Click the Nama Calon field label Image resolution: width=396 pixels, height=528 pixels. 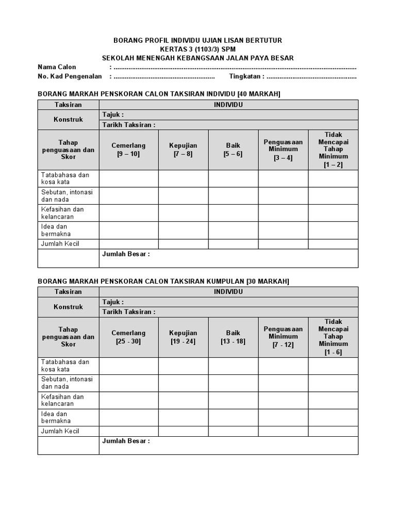(57, 67)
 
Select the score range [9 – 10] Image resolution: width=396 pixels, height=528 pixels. (128, 154)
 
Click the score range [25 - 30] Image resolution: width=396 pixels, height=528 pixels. (128, 341)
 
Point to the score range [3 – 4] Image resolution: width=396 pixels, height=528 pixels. (283, 158)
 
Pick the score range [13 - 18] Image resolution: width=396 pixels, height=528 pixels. (233, 341)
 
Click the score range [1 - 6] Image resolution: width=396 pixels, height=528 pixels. (333, 352)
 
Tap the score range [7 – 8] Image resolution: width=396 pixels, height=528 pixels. (183, 154)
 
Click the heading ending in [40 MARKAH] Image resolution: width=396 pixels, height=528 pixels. (159, 93)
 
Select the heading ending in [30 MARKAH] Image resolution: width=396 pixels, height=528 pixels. (163, 281)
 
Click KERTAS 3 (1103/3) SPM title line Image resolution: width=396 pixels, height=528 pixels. (197, 49)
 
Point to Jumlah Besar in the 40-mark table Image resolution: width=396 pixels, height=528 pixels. (126, 254)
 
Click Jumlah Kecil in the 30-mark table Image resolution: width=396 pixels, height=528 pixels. (60, 431)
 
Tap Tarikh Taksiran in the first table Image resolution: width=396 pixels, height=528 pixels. (128, 125)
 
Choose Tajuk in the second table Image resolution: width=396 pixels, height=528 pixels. (113, 302)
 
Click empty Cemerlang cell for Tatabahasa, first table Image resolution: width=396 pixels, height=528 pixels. (128, 178)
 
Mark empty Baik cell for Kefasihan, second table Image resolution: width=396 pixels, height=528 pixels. (233, 400)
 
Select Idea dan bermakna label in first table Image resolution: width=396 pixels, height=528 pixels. (56, 230)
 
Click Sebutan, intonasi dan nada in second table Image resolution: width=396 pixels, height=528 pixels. (67, 383)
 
